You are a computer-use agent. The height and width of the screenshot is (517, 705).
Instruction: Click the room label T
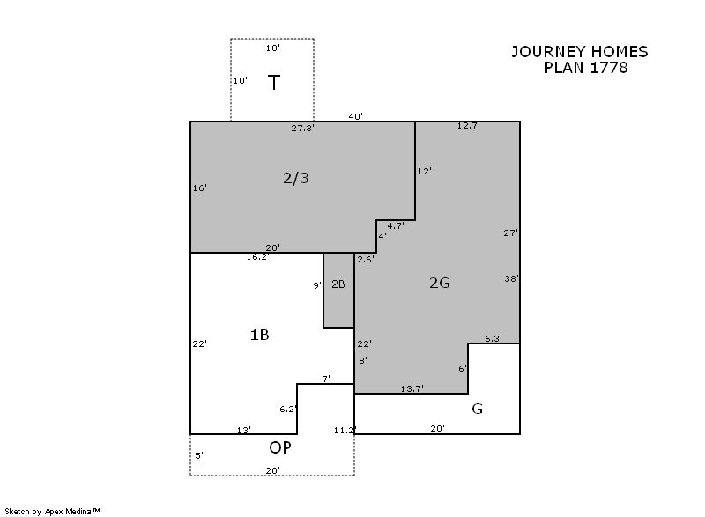coord(274,83)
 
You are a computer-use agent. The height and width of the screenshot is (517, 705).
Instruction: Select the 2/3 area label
coord(296,178)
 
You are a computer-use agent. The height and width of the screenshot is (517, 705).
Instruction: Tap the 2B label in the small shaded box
coord(338,284)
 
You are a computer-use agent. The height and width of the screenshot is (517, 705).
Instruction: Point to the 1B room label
coord(259,335)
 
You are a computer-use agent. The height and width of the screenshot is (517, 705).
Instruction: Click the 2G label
coord(439,283)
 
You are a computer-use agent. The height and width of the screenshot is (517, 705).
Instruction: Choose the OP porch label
coord(279,447)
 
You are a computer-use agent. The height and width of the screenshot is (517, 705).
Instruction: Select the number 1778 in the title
coord(609,67)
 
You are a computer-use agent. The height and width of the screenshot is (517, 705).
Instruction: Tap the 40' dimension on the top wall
coord(355,117)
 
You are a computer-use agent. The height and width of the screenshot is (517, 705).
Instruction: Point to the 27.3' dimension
coord(302,128)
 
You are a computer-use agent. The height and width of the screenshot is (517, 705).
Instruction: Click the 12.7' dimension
coord(468,126)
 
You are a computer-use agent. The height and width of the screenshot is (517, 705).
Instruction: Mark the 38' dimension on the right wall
coord(511,278)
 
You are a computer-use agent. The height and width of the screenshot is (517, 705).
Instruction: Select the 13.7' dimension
coord(412,388)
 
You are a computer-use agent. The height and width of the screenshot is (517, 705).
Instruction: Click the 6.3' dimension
coord(493,338)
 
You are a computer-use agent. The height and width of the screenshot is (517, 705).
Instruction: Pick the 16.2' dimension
coord(257,257)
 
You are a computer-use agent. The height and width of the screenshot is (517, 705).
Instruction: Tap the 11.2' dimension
coord(345,430)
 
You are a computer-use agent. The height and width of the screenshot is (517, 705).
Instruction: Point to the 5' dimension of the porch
coord(199,455)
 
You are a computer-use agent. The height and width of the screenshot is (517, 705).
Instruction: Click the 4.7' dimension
coord(395,226)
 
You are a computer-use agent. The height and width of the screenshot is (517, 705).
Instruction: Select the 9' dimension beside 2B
coord(317,285)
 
